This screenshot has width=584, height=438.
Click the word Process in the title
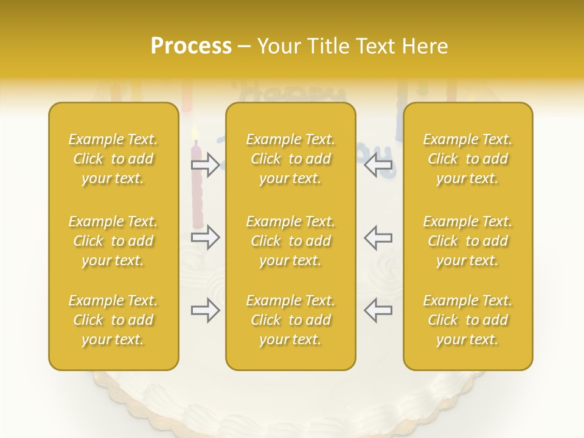191,46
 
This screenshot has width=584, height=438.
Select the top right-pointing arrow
206,165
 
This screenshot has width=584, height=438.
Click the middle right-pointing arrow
206,237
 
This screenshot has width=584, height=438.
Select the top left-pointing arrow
378,165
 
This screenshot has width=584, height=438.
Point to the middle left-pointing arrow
378,237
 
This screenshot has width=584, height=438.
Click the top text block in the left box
113,159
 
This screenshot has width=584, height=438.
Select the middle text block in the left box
113,241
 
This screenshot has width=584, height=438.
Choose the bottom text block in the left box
113,320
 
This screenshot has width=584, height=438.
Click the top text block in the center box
290,159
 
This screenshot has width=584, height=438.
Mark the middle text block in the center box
290,241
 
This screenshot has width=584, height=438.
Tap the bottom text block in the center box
290,320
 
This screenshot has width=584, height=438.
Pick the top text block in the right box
468,159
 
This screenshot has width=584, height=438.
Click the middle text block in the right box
468,241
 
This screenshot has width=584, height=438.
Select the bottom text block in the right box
468,320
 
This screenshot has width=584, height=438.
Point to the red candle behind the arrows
196,195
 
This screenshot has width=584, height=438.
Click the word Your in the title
279,46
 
